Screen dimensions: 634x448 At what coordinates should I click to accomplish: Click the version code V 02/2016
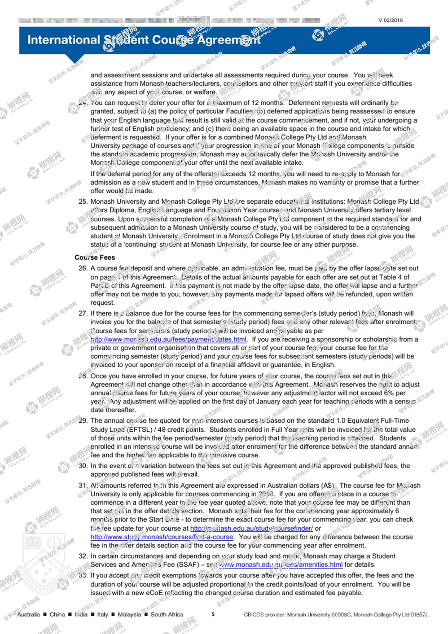tap(390, 20)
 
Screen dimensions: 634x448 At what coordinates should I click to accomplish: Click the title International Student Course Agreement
tap(144, 40)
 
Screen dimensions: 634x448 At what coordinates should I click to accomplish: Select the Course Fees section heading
tap(95, 257)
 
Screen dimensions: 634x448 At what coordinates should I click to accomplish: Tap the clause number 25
tap(83, 202)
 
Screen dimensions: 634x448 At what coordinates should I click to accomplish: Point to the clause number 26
tap(83, 268)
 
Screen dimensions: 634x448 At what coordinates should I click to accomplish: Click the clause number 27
tap(83, 313)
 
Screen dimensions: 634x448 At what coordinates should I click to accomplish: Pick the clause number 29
tap(83, 421)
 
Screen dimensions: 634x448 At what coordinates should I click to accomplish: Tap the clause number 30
tap(83, 466)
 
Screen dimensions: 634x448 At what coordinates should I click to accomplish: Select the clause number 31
tap(83, 486)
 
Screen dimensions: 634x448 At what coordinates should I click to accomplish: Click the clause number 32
tap(83, 556)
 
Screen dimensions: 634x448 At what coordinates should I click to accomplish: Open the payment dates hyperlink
tap(168, 339)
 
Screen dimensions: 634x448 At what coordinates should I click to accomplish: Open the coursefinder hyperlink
tap(252, 528)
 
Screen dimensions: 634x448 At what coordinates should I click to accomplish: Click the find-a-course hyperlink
tap(162, 537)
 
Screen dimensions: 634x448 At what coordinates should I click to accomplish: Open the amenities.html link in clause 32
tap(281, 565)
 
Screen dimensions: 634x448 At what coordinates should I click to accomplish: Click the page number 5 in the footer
tap(213, 614)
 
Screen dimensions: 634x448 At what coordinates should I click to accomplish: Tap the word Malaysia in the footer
tap(129, 614)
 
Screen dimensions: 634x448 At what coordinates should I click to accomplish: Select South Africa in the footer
tap(167, 614)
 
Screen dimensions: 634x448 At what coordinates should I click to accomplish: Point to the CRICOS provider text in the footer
tap(336, 614)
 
